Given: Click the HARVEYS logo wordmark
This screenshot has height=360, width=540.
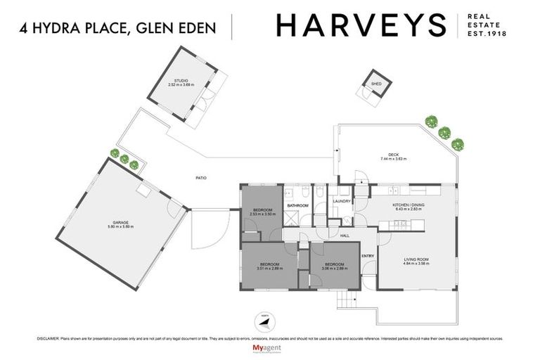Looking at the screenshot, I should [x=361, y=25].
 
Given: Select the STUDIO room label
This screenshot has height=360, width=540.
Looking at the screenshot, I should [x=180, y=81].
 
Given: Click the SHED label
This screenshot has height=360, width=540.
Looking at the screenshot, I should [x=376, y=84].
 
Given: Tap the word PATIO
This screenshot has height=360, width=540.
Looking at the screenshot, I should [x=200, y=178].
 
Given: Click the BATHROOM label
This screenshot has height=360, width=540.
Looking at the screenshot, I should [x=297, y=206].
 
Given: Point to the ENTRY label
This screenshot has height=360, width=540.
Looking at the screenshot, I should [x=368, y=255].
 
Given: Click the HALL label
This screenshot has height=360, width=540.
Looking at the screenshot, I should [x=345, y=236].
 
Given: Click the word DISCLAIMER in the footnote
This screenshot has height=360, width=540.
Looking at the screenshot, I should [x=47, y=338].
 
